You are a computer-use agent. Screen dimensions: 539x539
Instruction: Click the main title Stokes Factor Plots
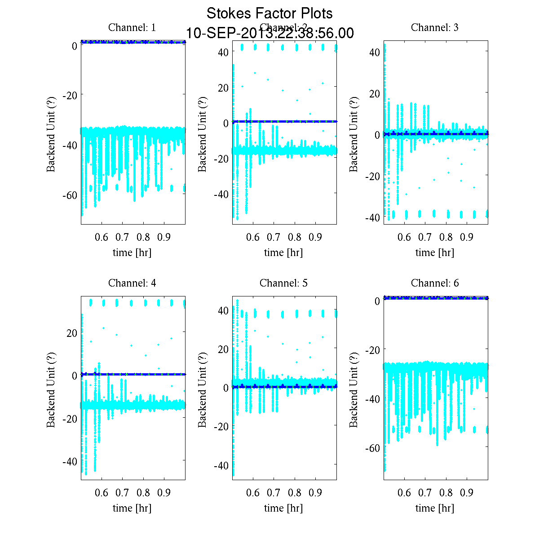269,13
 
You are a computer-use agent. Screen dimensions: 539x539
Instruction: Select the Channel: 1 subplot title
132,27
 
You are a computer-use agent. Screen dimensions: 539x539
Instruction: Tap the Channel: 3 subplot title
435,27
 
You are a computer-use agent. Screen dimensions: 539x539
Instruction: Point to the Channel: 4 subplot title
132,283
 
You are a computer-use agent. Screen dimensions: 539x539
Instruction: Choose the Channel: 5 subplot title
283,283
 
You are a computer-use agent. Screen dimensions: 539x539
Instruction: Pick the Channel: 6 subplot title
435,283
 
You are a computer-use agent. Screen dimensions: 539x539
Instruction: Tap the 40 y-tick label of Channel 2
223,52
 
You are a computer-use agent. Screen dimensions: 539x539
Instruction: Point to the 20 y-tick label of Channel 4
72,333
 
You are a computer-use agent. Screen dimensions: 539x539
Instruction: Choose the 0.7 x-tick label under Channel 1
123,237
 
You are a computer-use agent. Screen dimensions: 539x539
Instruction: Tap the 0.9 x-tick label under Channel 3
467,237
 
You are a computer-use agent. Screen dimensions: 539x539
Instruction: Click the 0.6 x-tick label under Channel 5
253,493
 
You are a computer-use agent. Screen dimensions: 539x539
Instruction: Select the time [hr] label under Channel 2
283,252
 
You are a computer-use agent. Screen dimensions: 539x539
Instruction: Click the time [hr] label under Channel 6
435,508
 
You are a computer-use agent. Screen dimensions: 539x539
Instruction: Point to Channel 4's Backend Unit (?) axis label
51,388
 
